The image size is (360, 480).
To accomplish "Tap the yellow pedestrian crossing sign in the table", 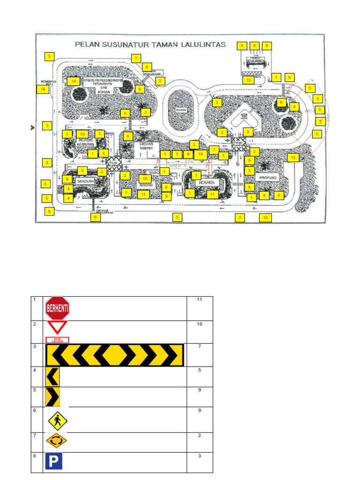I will point(57,420).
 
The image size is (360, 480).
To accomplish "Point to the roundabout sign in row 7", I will point(56,441).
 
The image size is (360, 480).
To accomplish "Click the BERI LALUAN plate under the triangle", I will point(57,340).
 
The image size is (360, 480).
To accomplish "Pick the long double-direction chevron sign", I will point(114,355).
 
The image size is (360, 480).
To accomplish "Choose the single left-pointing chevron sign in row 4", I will point(52,376).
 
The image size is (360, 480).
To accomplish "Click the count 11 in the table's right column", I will point(199,300).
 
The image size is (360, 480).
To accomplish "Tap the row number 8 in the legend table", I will point(34,456).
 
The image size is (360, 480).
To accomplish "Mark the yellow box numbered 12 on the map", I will point(293,157).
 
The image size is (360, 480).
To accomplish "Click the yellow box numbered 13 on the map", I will point(249,80).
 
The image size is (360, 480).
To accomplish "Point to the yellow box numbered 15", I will point(144,179).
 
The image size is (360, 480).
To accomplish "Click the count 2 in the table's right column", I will point(199,435).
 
